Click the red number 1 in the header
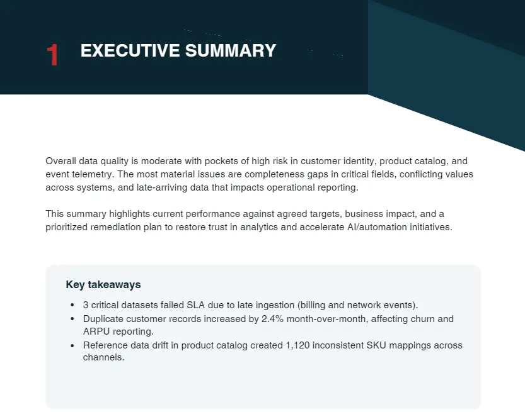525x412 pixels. click(x=53, y=55)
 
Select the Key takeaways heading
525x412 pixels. click(x=103, y=285)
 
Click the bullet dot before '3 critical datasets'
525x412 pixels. click(x=73, y=306)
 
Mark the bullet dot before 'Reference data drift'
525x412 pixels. click(x=73, y=346)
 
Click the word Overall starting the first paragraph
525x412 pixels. click(x=62, y=161)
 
